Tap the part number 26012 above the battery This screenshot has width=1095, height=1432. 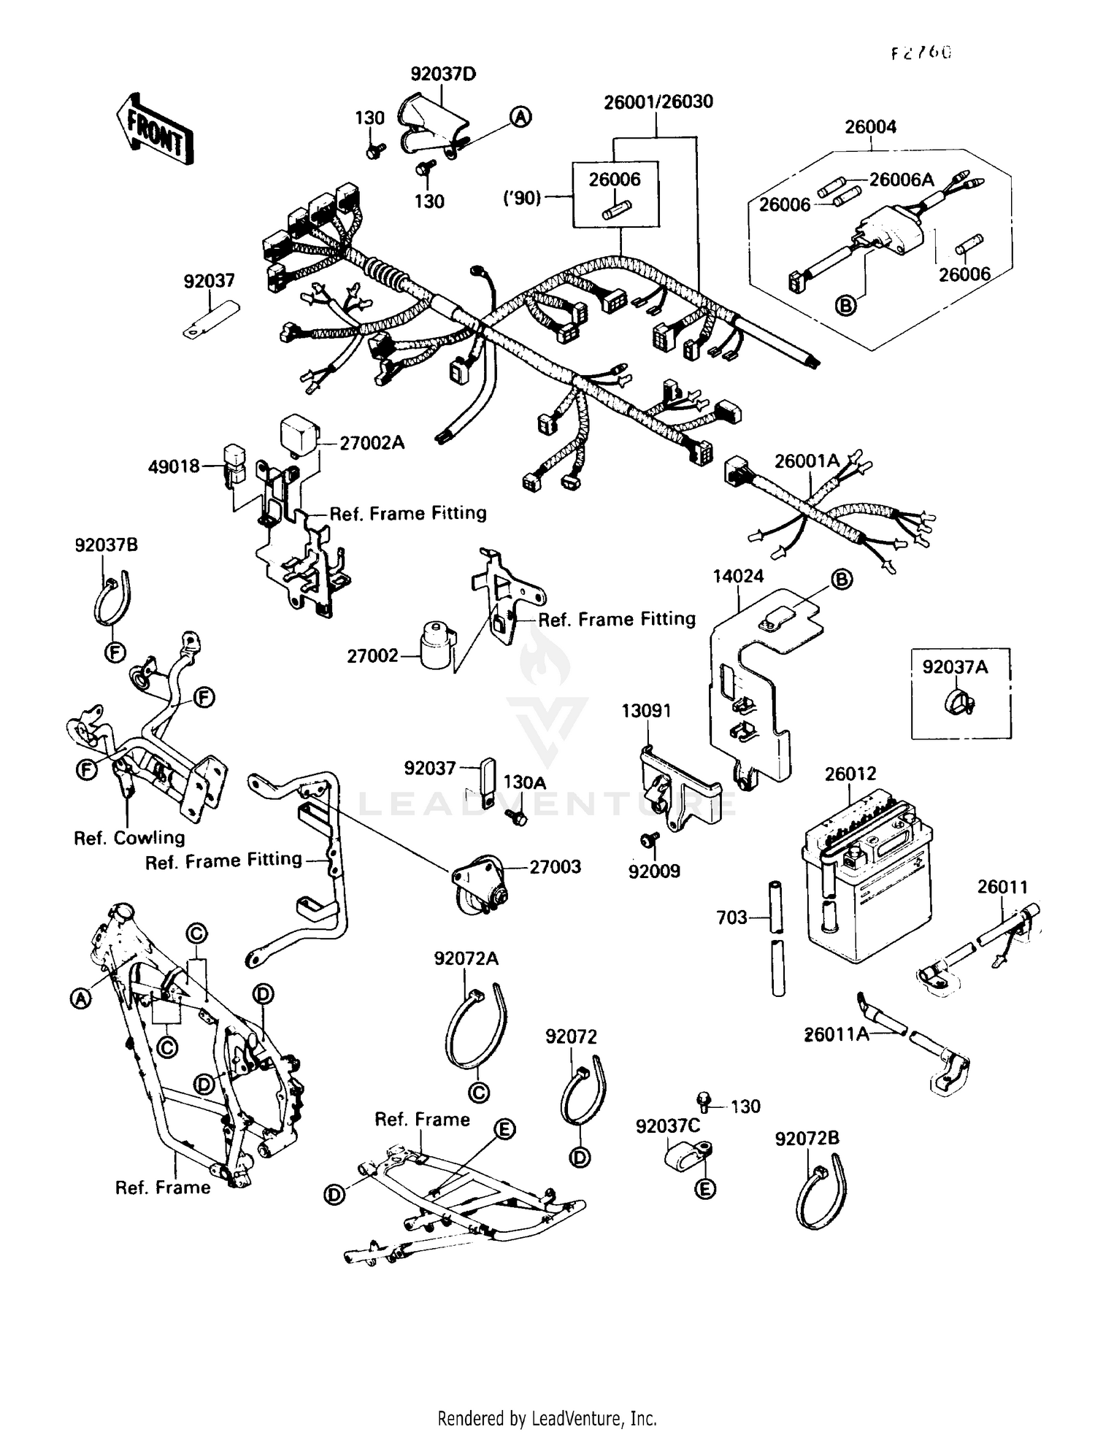coord(850,774)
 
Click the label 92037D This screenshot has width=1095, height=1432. coord(443,74)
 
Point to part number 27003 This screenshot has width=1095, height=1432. coord(555,867)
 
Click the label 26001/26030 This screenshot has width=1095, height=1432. coord(658,101)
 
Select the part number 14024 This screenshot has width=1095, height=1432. coord(738,576)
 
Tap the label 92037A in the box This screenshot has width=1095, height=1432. coord(955,666)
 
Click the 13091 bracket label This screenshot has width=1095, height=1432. coord(646,710)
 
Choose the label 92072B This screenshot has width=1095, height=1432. coord(807,1138)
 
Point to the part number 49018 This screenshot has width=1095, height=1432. coord(174,466)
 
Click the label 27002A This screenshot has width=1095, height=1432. coord(372,443)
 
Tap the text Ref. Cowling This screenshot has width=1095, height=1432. coord(129,838)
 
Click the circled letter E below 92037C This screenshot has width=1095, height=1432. coord(704,1189)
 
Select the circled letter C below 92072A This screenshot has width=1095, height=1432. coord(479,1093)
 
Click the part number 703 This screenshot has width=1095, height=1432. coord(731,917)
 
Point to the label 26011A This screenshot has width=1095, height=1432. coord(837,1034)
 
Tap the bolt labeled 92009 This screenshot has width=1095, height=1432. coord(648,841)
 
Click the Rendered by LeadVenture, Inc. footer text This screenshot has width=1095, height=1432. coord(547,1418)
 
